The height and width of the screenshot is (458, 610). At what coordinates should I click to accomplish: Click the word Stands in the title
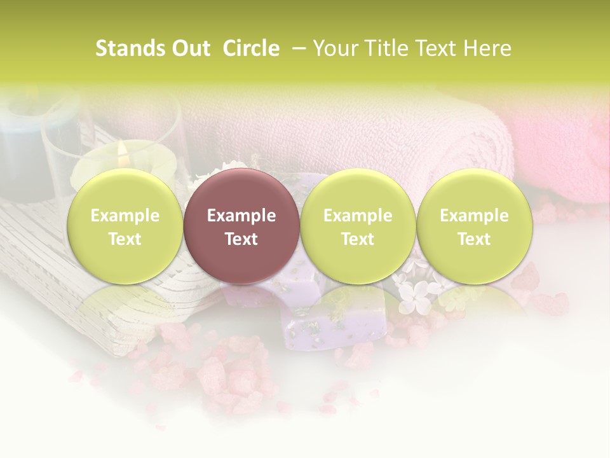click(x=125, y=48)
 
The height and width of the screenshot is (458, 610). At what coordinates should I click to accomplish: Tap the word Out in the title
click(x=190, y=48)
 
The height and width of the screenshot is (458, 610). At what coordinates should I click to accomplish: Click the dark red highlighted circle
click(x=241, y=226)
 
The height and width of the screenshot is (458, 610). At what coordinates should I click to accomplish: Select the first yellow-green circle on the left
click(x=125, y=226)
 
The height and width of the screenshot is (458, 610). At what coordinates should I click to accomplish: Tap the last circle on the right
click(x=474, y=226)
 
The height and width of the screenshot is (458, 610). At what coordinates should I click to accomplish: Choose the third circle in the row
click(x=358, y=226)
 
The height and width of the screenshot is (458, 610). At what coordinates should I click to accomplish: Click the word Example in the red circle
click(x=241, y=216)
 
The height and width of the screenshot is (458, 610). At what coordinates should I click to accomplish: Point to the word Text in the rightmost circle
click(x=474, y=239)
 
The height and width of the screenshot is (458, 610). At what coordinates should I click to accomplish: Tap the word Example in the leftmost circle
click(x=125, y=216)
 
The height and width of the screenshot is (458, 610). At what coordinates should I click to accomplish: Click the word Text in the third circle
click(x=358, y=239)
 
